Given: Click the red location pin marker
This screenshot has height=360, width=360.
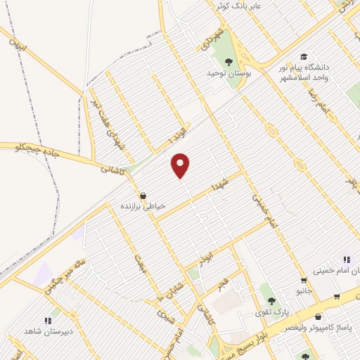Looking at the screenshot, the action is pyautogui.click(x=181, y=165).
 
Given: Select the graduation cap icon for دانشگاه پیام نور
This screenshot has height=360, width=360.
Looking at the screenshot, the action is pyautogui.click(x=303, y=57).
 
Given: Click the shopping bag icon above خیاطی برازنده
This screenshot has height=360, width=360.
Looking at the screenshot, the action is pyautogui.click(x=143, y=195).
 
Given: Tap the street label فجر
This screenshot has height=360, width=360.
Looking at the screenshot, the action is pyautogui.click(x=221, y=283).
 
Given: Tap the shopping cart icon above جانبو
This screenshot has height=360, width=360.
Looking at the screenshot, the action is pyautogui.click(x=303, y=280).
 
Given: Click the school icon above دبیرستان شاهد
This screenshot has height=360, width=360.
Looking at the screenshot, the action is pyautogui.click(x=48, y=321).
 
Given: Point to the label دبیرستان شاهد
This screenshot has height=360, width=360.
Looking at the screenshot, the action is pyautogui.click(x=44, y=331).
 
